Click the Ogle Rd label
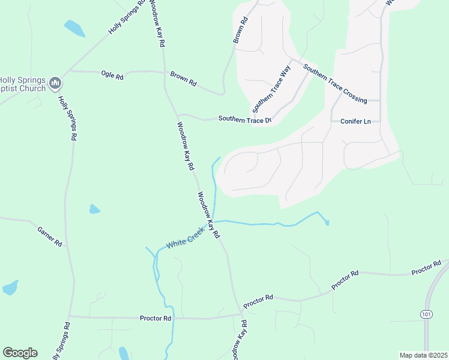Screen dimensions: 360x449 (112, 75)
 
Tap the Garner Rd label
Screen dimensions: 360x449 (50, 236)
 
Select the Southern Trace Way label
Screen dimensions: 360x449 (271, 90)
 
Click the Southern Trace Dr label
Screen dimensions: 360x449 (245, 119)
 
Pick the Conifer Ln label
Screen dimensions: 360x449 (356, 121)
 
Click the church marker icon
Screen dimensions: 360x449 (55, 82)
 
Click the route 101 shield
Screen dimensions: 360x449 (426, 313)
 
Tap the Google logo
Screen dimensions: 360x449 (20, 353)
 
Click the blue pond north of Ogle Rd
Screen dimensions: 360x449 (74, 28)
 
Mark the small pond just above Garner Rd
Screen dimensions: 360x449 (94, 209)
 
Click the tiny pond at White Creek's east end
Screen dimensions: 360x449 (327, 223)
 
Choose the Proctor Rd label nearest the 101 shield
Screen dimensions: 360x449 (426, 268)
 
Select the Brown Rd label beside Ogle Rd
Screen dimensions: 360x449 (183, 79)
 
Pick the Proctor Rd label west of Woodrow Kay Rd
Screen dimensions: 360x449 (155, 318)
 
